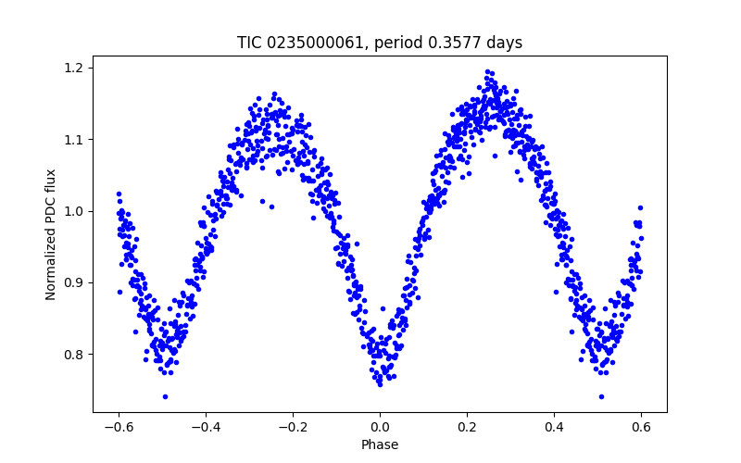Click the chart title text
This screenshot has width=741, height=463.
[380, 43]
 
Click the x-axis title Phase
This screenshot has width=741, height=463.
[380, 444]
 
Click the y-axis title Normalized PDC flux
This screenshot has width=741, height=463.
[52, 234]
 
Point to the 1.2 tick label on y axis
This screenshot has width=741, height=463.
[74, 68]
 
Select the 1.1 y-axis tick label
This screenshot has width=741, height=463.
[74, 139]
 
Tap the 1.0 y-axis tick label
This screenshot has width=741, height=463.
[74, 211]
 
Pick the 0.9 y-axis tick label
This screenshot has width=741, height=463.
[74, 282]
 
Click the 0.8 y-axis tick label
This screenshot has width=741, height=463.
[74, 354]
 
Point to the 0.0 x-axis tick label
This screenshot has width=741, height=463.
[380, 427]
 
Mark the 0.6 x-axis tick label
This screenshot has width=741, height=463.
[641, 427]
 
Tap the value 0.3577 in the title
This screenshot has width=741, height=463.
[458, 43]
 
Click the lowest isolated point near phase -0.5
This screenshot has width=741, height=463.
[165, 396]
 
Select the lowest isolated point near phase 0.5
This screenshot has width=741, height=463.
[601, 396]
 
